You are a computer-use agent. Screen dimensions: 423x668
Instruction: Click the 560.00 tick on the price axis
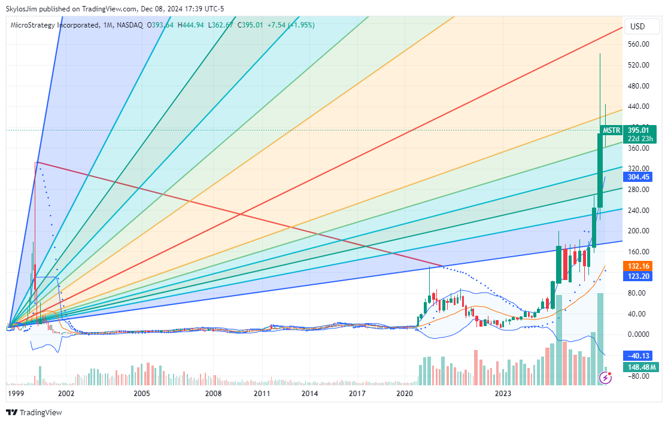click(638, 44)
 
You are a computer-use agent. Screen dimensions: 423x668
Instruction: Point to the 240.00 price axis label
click(638, 210)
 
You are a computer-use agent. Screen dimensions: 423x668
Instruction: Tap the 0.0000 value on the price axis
click(638, 334)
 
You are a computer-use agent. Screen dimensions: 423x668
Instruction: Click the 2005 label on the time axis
click(141, 394)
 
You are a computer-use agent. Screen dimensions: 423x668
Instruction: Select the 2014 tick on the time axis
click(309, 394)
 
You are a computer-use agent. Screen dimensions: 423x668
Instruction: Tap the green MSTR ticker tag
click(611, 130)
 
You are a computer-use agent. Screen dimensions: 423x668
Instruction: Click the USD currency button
click(638, 26)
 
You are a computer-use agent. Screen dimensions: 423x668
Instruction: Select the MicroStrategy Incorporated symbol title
click(54, 25)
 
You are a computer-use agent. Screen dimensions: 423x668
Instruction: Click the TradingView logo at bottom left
click(34, 412)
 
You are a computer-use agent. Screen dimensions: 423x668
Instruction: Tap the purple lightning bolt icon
click(606, 378)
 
